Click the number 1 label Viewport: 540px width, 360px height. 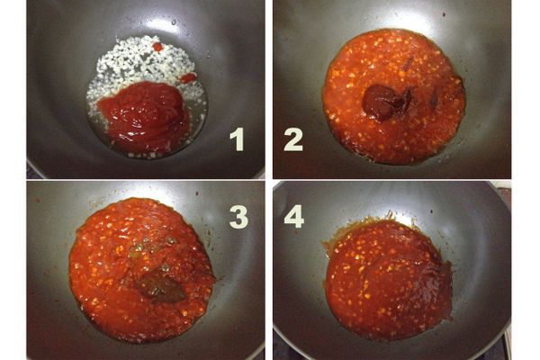238,139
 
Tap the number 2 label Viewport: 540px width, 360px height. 293,139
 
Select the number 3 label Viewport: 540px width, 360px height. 238,217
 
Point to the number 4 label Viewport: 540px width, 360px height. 293,216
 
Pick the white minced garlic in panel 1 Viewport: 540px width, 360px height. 138,69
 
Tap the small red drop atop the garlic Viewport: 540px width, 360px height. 157,47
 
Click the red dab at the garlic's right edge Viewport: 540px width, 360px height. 188,78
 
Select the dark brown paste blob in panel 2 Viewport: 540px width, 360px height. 386,103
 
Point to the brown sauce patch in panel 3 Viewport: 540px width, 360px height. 160,286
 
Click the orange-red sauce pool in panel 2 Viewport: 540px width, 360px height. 393,96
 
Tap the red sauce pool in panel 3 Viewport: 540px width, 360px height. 142,270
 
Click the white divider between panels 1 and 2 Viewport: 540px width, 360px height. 268,89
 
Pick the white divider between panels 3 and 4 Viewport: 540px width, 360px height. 268,270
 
